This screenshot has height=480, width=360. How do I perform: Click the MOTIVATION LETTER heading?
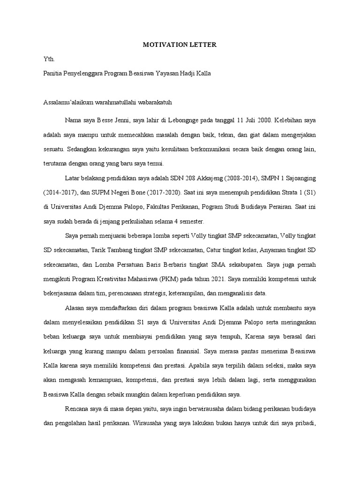(180, 45)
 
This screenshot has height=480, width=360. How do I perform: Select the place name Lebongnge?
(174, 120)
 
